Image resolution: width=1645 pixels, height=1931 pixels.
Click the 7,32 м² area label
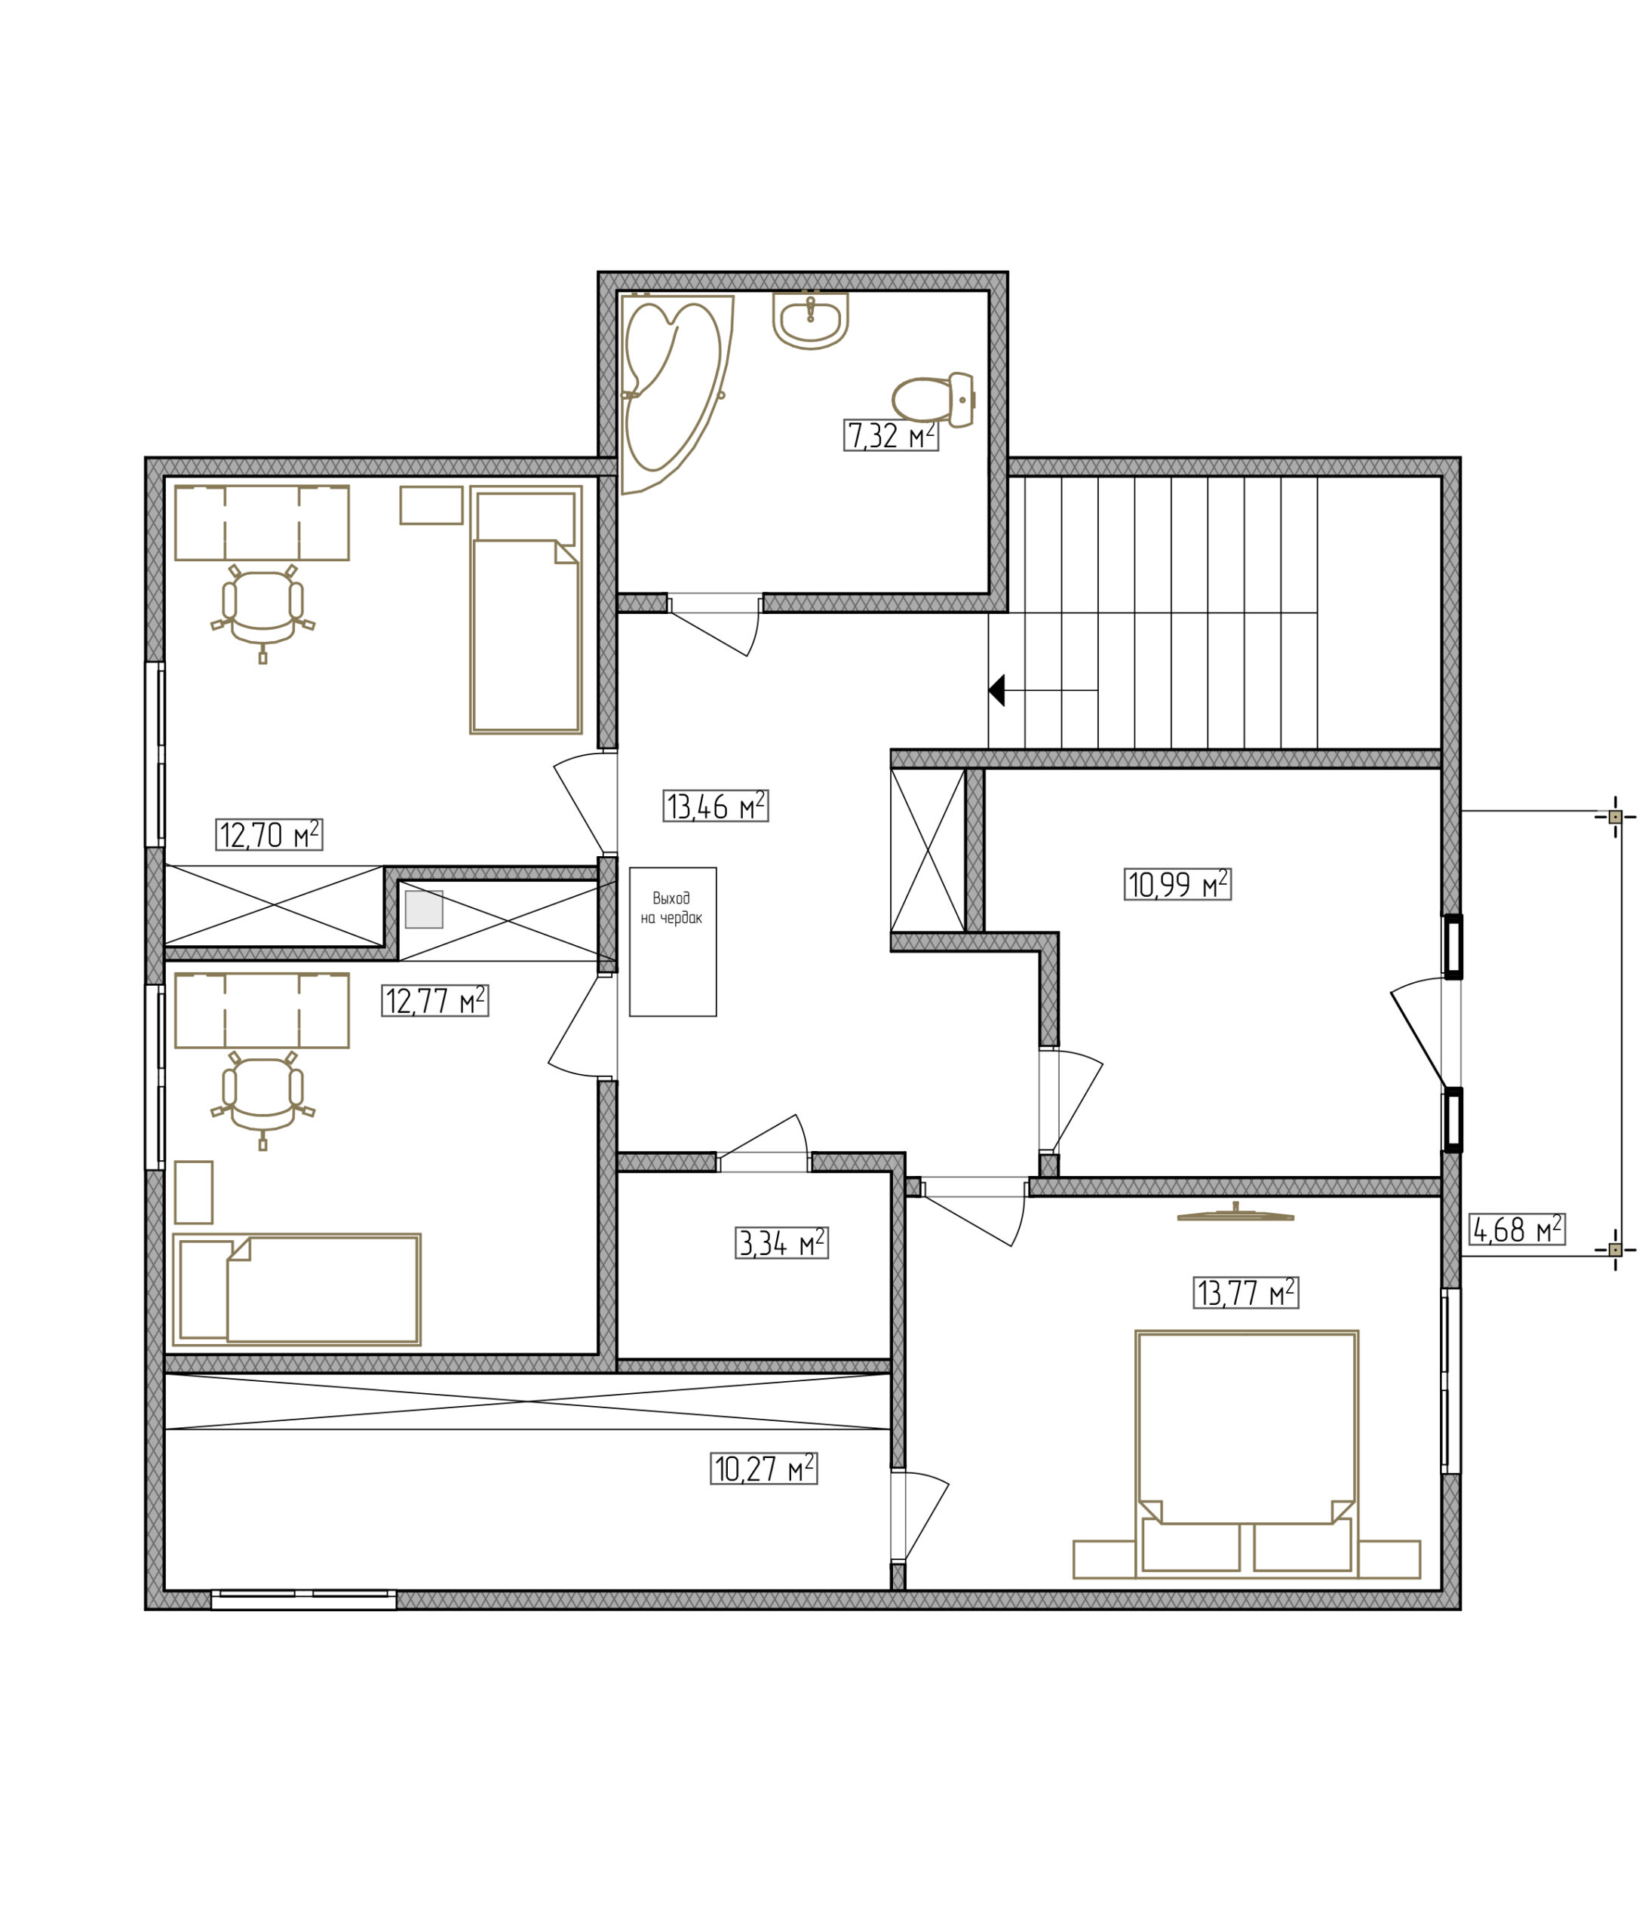pos(890,435)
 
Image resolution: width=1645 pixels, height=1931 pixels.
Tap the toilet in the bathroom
pos(932,399)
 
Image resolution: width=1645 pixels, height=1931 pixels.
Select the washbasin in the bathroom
pos(810,321)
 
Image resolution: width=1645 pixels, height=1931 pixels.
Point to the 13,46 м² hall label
pos(716,805)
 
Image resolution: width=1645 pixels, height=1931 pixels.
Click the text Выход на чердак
pos(671,907)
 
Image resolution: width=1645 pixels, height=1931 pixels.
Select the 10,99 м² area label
pos(1177,883)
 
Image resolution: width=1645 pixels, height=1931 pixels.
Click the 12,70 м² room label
pos(269,834)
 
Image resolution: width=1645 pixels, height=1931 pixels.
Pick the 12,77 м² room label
pos(435,1000)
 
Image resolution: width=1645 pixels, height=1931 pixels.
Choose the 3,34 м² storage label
pos(781,1242)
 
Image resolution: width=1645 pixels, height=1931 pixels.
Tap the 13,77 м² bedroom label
pos(1246,1293)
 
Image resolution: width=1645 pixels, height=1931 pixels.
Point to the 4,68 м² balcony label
pos(1516,1230)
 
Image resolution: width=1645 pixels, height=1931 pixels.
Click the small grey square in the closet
pos(424,909)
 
